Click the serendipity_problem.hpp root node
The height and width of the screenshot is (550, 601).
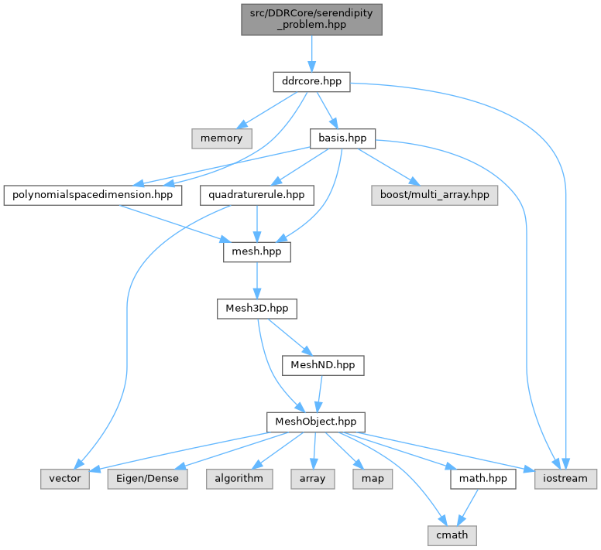click(311, 19)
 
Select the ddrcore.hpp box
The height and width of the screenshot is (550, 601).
click(311, 81)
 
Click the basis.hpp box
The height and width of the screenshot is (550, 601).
click(342, 138)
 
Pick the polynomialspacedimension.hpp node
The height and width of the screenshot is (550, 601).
click(93, 196)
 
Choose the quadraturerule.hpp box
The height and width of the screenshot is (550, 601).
click(256, 196)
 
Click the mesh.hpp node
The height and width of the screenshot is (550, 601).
click(256, 252)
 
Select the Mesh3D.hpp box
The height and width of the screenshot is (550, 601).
click(256, 309)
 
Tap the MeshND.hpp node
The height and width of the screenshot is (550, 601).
click(322, 364)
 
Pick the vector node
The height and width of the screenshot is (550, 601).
click(66, 479)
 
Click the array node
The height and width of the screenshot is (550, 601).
click(313, 479)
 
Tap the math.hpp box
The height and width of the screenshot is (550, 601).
click(482, 479)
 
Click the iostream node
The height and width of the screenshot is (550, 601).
click(566, 479)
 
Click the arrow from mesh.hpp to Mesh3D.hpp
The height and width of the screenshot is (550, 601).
click(256, 280)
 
